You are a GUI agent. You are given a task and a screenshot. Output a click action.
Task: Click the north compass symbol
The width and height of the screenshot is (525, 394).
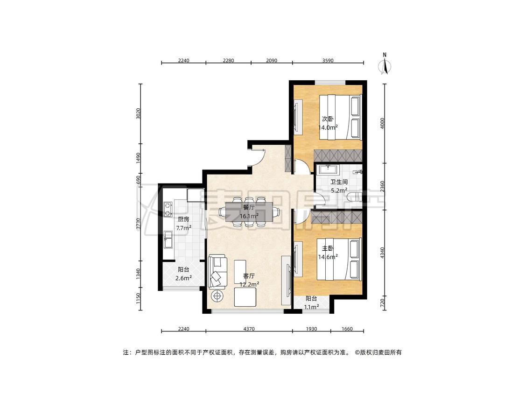click(x=385, y=66)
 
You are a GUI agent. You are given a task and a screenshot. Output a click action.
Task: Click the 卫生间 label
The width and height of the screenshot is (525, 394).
click(x=339, y=182)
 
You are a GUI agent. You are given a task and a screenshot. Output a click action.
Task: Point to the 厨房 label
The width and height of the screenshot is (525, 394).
click(x=183, y=219)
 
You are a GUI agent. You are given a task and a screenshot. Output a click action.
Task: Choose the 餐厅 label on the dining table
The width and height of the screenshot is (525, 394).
click(x=249, y=208)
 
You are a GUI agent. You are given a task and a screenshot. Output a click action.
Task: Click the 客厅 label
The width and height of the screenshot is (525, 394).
click(x=249, y=276)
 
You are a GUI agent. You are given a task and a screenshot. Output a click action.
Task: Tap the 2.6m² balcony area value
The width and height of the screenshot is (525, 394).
click(x=183, y=278)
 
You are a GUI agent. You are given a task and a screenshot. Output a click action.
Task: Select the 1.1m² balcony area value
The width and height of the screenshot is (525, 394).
click(x=311, y=307)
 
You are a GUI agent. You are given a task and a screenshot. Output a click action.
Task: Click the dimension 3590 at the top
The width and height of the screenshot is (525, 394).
click(x=328, y=61)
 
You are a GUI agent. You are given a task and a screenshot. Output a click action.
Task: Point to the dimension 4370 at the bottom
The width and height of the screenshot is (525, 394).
click(x=249, y=329)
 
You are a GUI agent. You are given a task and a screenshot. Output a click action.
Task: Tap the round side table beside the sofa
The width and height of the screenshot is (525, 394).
click(x=217, y=295)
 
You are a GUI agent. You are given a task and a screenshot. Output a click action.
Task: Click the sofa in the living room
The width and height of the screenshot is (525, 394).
click(x=217, y=272)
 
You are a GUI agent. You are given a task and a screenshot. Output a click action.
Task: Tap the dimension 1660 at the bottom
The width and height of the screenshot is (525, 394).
click(x=347, y=329)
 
